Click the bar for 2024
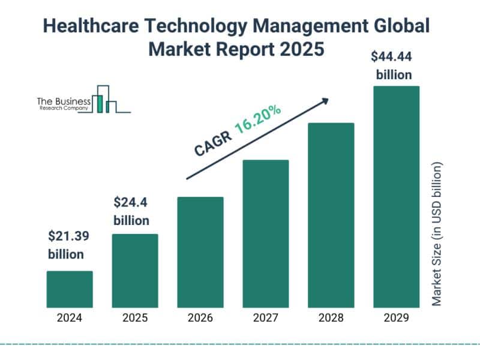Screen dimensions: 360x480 pos(70,289)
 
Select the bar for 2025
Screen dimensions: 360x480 pos(135,271)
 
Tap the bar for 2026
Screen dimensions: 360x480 pos(200,252)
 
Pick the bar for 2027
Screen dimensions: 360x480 pos(266,233)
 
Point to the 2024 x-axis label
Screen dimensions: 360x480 pos(70,318)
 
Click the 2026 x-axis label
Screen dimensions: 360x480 pos(200,318)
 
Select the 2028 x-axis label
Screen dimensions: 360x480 pos(331,318)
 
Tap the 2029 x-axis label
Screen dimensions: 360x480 pos(396,318)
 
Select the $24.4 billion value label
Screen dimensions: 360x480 pos(131,211)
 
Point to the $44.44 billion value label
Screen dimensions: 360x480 pos(394,65)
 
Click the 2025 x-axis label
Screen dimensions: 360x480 pos(135,318)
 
